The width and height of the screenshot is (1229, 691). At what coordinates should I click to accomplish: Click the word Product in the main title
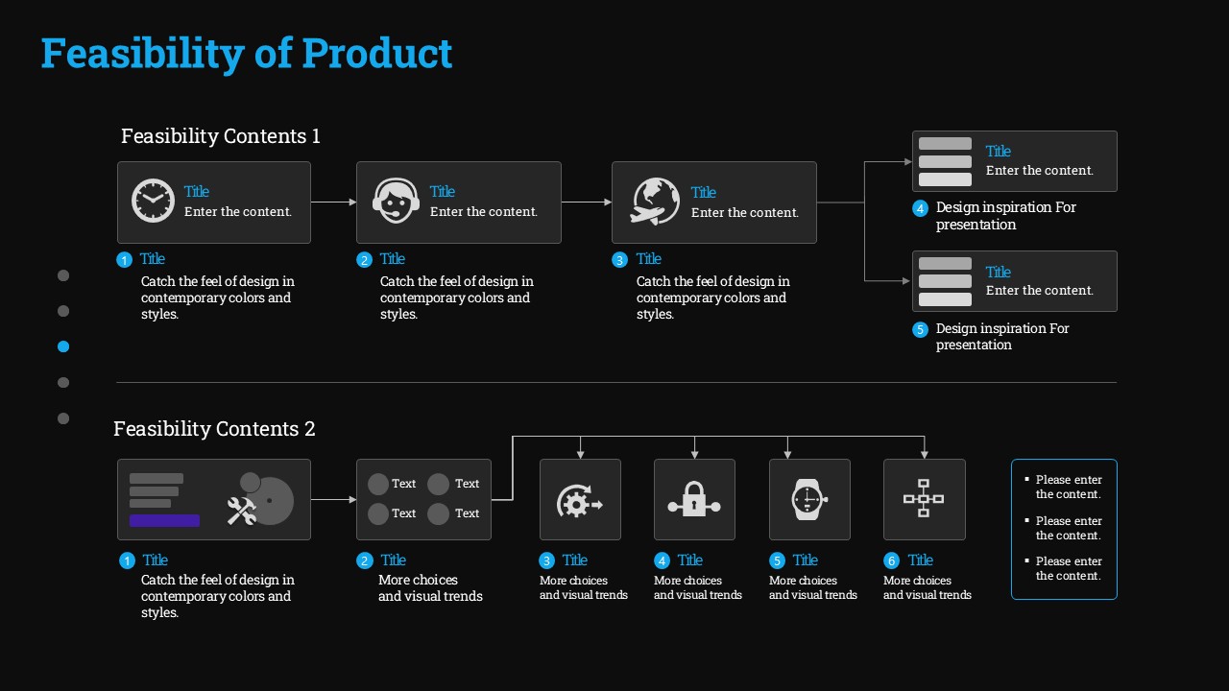377,53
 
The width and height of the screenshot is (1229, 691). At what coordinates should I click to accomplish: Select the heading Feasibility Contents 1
221,136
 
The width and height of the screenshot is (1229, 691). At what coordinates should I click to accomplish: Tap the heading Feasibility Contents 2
214,429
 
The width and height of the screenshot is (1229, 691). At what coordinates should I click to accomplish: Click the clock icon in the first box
153,201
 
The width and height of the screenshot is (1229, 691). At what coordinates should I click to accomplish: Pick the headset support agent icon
396,201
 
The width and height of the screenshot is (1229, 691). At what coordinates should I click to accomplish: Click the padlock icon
694,499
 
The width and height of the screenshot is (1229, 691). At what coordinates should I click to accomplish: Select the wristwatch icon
808,500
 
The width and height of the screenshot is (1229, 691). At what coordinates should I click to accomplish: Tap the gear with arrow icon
579,501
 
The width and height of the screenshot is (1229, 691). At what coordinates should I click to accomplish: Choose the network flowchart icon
924,498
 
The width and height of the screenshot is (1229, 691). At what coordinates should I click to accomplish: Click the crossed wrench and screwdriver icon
242,511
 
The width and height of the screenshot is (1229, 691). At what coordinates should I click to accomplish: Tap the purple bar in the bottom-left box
164,520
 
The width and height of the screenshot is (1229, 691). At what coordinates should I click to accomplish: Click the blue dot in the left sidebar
63,346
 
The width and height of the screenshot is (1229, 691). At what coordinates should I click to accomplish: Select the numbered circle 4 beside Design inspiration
920,208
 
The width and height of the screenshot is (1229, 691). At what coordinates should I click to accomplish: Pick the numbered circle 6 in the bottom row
891,560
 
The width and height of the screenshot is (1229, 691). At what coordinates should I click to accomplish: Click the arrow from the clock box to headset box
333,203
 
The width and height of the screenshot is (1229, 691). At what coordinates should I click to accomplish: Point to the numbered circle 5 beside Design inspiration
920,329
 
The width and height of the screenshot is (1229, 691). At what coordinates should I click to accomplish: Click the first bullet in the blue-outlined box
1026,479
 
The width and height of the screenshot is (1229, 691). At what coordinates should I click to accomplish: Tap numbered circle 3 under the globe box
619,260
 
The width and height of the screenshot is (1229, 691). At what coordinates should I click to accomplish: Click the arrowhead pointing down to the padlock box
694,455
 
